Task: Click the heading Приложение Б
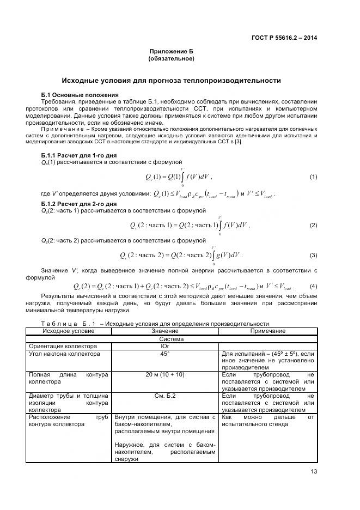[x=171, y=51]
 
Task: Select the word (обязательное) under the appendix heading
[x=171, y=58]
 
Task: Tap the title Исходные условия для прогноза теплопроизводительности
[x=171, y=81]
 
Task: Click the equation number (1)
[x=313, y=177]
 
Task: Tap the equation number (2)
[x=313, y=225]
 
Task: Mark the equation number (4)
[x=313, y=286]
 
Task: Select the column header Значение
[x=164, y=331]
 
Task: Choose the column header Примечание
[x=267, y=331]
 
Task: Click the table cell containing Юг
[x=164, y=346]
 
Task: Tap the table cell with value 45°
[x=164, y=354]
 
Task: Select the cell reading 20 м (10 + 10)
[x=164, y=375]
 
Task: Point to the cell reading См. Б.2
[x=164, y=396]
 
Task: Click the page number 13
[x=313, y=472]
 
